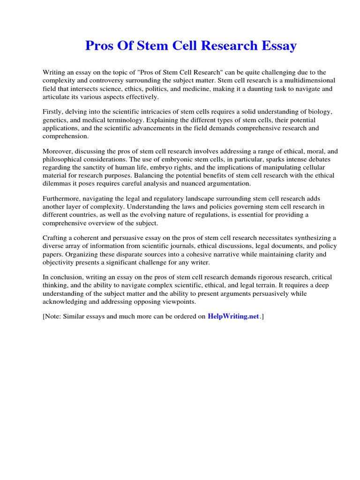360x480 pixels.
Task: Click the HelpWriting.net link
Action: tap(233, 316)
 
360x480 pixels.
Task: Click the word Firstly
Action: tap(53, 112)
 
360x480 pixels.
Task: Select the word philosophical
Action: tap(63, 159)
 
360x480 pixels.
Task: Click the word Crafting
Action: tap(56, 238)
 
